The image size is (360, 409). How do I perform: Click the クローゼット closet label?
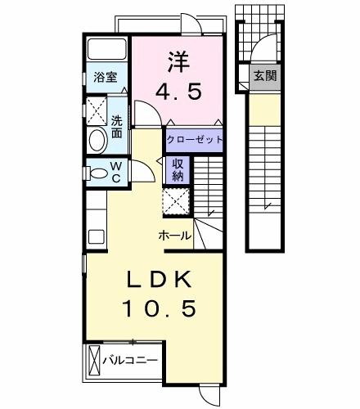(x=196, y=140)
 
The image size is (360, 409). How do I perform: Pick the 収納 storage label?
(x=178, y=169)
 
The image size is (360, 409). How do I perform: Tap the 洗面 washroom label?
(x=117, y=125)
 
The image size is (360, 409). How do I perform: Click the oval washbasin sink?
(x=97, y=139)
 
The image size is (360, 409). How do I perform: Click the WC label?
(x=115, y=173)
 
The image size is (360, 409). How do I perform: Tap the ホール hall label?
(x=175, y=236)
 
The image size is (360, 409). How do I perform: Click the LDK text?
(x=159, y=280)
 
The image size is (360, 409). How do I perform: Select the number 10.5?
(x=160, y=309)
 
